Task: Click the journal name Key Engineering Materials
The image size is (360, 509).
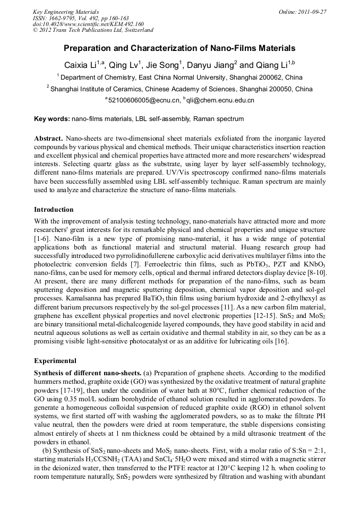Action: click(x=66, y=12)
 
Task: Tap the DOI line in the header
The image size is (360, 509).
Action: click(x=88, y=24)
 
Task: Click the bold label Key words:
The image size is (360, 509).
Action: click(x=52, y=119)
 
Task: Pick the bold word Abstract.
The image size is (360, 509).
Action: click(x=48, y=138)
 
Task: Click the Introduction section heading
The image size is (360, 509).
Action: click(x=54, y=210)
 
